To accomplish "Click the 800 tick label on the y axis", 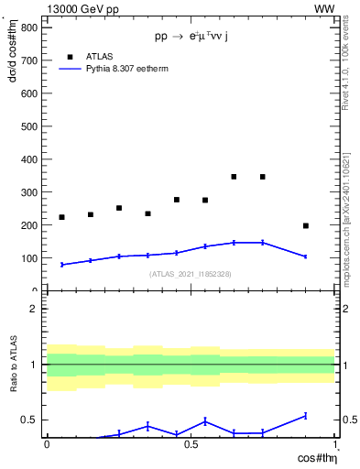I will (28, 27).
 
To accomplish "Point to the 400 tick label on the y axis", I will (28, 159).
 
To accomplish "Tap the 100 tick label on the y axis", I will (28, 258).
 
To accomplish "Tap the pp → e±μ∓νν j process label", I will (191, 38).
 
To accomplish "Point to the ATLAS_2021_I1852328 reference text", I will (191, 274).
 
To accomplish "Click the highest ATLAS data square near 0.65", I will (234, 177).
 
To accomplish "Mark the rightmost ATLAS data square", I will (306, 225).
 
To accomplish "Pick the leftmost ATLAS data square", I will (61, 217).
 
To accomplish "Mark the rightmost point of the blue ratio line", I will (306, 416).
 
